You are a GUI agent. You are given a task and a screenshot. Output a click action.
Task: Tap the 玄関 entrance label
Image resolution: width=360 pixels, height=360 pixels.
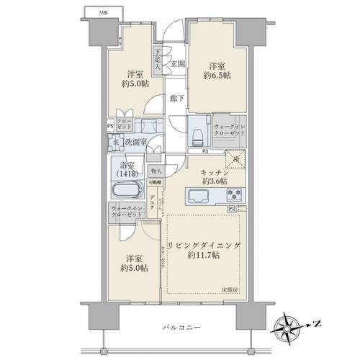point(178,64)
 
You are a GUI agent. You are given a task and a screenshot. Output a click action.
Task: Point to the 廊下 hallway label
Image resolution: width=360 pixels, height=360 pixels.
point(176,97)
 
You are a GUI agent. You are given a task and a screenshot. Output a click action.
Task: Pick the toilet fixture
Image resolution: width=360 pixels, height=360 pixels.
point(197,138)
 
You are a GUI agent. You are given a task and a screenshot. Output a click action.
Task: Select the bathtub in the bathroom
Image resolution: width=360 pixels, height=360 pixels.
point(130,193)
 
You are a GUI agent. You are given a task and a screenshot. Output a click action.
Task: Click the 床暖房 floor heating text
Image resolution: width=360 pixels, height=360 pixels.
point(228,290)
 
